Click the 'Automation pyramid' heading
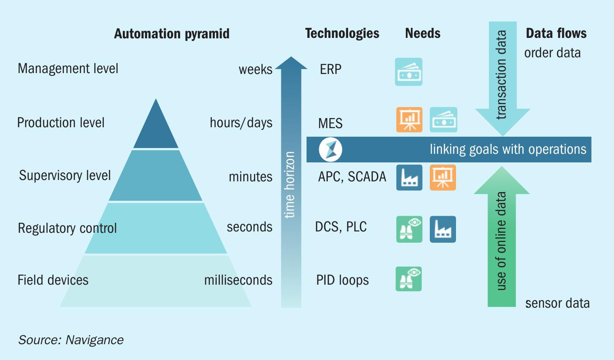point(172,34)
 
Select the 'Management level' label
point(68,69)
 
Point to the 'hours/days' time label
point(241,123)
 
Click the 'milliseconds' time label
point(238,280)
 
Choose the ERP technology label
point(330,69)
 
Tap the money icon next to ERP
point(409,72)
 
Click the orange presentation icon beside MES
point(409,120)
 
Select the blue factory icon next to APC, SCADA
point(409,178)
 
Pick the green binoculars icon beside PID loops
point(409,279)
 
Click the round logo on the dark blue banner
point(330,150)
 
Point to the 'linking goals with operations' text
point(508,150)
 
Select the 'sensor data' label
point(557,303)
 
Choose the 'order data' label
point(552,53)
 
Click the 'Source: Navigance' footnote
point(71,340)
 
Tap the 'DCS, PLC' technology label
point(341,227)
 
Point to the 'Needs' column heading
point(423,33)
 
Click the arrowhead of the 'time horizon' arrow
point(291,63)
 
